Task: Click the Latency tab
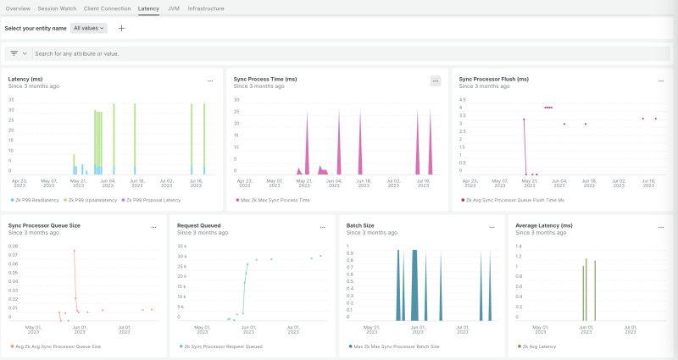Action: coord(148,8)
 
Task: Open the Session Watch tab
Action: coord(57,8)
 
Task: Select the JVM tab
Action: coord(173,8)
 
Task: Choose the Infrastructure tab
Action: coord(206,8)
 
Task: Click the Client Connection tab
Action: coord(108,8)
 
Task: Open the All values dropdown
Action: coord(89,28)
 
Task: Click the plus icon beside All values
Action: coord(121,28)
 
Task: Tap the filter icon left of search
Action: coord(14,53)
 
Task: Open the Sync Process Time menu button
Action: coord(436,80)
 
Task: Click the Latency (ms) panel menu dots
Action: coord(210,80)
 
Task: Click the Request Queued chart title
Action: coord(199,225)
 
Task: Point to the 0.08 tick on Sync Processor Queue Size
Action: coord(13,246)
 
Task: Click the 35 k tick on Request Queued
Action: coord(181,246)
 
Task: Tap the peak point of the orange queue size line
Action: coord(74,251)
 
